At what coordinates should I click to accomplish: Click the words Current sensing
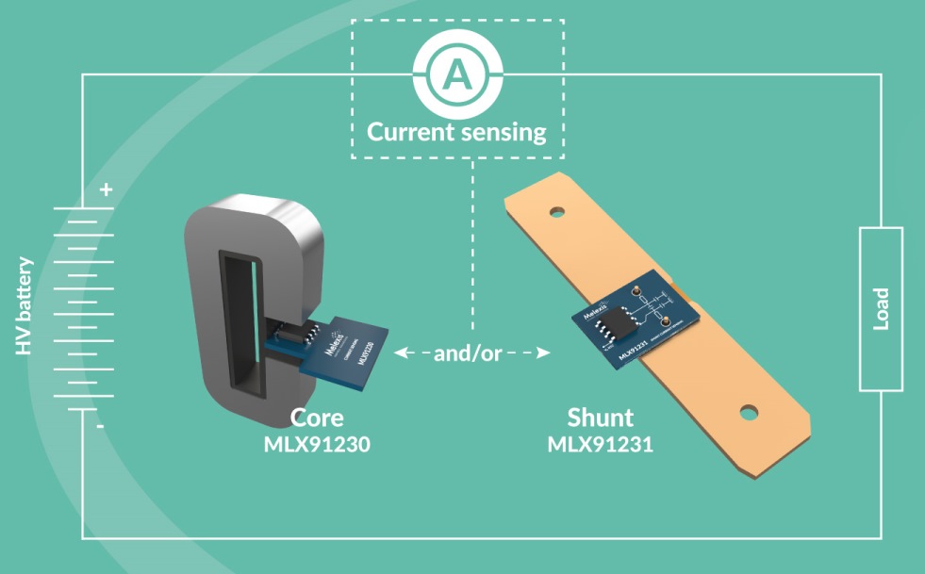pos(456,131)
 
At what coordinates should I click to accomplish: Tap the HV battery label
pos(25,305)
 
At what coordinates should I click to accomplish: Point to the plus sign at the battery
pos(106,189)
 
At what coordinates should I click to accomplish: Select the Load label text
pos(882,309)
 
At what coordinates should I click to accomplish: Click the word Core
pos(316,418)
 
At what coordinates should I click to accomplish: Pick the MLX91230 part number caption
pos(316,443)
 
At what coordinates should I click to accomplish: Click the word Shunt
pos(601,418)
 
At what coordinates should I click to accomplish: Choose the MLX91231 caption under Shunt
pos(601,443)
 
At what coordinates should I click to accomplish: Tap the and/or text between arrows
pos(469,354)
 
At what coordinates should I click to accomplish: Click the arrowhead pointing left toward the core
pos(400,353)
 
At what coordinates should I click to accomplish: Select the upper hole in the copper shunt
pos(557,212)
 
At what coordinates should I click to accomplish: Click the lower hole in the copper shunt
pos(749,412)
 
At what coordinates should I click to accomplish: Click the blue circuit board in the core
pos(349,358)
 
